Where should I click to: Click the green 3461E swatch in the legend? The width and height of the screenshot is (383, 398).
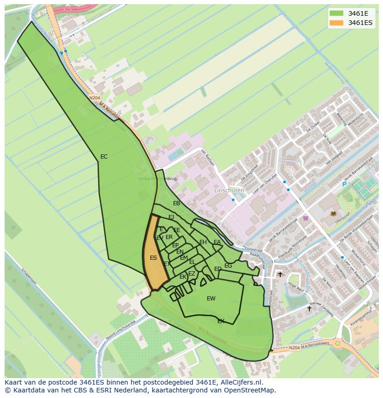(337, 13)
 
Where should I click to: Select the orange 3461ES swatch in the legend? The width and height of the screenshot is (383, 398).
(337, 23)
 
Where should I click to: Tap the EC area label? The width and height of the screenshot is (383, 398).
(104, 157)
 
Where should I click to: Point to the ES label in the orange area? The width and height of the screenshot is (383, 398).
(154, 258)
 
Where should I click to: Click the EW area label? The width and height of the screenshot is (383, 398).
(211, 299)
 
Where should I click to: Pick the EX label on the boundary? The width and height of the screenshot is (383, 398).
(221, 321)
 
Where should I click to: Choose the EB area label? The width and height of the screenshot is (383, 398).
(176, 203)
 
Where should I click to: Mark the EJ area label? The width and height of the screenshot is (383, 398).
(171, 217)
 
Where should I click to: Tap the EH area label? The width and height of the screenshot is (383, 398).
(203, 242)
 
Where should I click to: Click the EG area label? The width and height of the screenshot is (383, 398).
(228, 266)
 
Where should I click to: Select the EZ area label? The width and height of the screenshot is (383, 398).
(191, 274)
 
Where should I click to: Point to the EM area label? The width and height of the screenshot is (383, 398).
(184, 258)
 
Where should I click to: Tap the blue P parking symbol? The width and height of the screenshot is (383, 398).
(344, 184)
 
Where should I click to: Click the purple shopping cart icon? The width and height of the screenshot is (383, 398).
(305, 218)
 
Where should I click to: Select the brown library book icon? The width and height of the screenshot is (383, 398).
(334, 214)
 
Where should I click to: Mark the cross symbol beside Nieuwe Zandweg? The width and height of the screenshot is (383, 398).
(309, 308)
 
